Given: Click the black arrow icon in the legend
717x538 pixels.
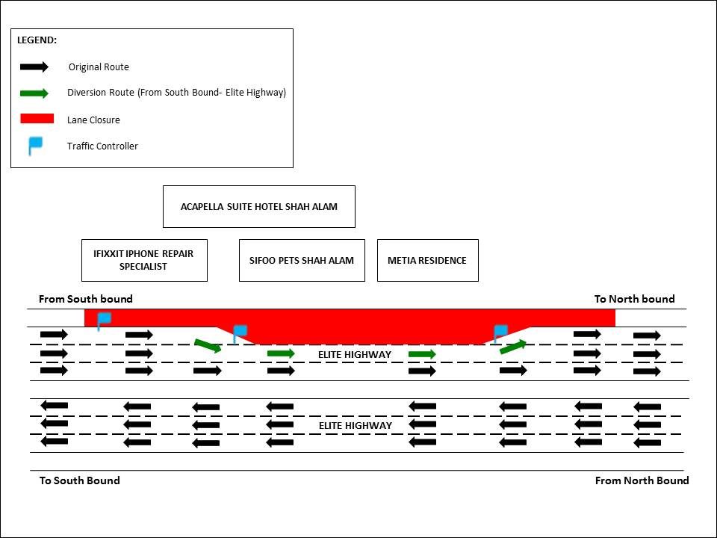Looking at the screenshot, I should (34, 67).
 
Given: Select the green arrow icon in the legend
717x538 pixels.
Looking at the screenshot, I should (34, 93).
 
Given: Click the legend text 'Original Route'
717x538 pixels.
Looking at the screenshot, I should (99, 67).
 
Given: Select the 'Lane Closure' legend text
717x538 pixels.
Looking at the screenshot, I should (93, 120).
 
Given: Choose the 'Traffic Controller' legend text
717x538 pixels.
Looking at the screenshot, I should (102, 146).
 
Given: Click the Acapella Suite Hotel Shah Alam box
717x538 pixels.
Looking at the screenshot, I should (258, 206).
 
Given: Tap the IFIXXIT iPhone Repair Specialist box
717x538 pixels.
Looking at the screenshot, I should (143, 260).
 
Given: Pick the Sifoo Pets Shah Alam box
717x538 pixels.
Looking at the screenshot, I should (302, 260).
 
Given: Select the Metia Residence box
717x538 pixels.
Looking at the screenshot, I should (427, 260).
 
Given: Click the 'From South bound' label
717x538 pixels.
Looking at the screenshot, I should (86, 299).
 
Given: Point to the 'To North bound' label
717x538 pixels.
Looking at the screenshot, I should (634, 299).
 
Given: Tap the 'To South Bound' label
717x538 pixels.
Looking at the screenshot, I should (79, 480).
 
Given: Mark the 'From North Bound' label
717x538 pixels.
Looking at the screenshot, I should (642, 480).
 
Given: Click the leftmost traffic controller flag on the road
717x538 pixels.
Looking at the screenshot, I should (103, 320).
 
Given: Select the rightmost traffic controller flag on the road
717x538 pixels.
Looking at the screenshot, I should (500, 333).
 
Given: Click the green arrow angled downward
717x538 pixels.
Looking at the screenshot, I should (208, 345).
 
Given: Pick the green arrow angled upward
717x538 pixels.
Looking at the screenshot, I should (512, 346).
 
